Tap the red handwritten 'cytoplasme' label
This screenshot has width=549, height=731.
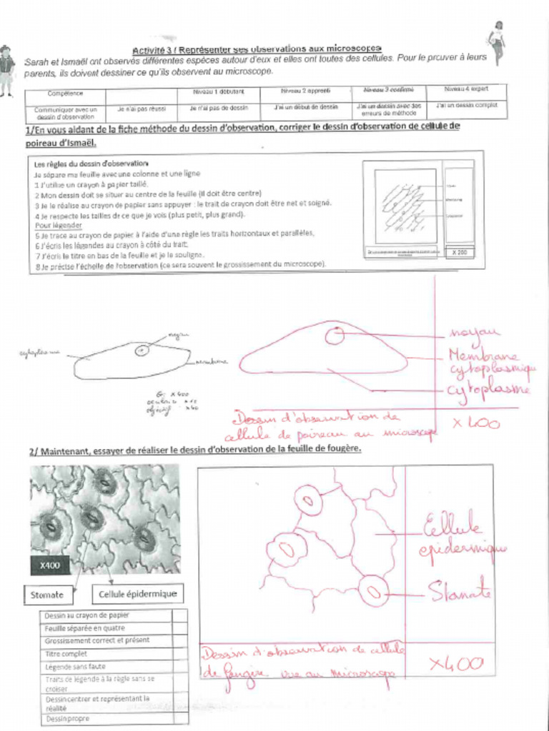[489, 390]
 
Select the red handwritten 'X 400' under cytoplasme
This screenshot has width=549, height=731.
[477, 422]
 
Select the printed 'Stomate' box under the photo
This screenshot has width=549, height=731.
[47, 594]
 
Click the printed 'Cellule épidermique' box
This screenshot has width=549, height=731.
[136, 593]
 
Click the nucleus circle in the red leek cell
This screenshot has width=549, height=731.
[335, 333]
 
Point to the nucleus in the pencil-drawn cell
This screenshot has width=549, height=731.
[142, 350]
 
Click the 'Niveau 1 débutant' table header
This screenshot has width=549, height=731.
[218, 92]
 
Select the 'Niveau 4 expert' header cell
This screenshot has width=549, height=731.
[466, 90]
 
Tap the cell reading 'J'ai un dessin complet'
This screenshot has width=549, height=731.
[466, 106]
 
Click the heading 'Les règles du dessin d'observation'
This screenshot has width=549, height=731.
[81, 163]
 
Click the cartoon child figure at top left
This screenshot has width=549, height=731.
[6, 70]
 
